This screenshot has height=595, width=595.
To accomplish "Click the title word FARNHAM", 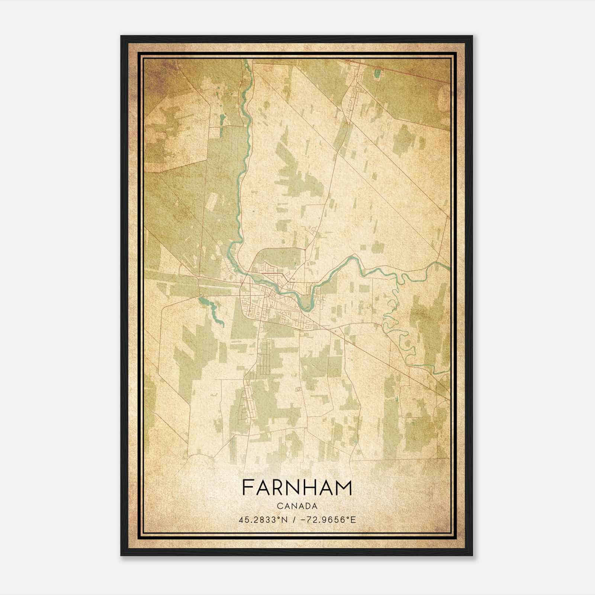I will tap(297, 488).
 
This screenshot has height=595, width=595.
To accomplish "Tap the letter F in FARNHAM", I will tap(247, 488).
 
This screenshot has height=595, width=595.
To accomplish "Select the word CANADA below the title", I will tap(297, 506).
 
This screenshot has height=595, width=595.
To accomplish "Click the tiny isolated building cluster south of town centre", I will tap(297, 389).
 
